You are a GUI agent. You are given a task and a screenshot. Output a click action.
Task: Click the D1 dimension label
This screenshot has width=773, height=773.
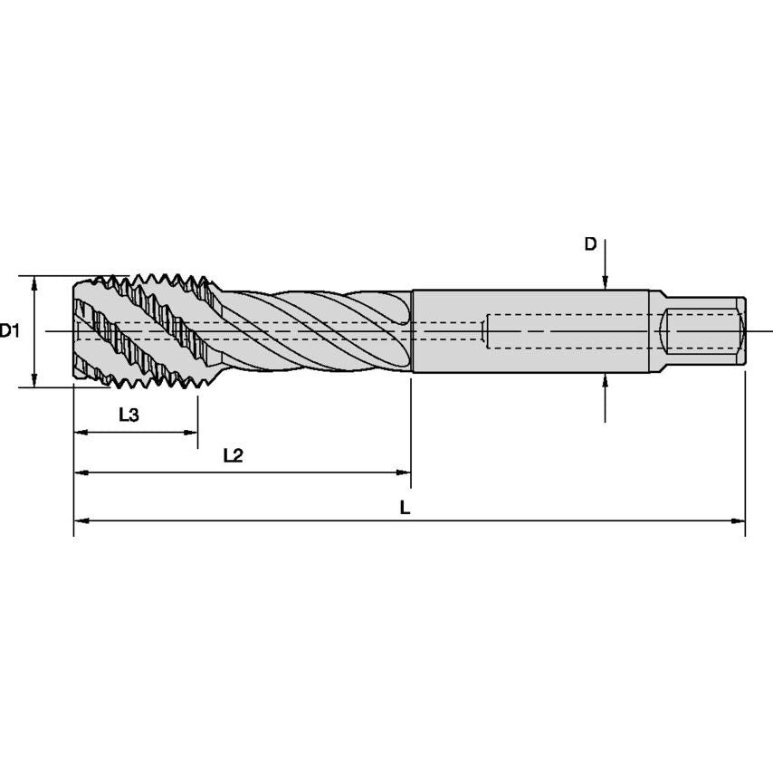(10, 331)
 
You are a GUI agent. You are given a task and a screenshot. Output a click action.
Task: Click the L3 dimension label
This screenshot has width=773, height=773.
(129, 415)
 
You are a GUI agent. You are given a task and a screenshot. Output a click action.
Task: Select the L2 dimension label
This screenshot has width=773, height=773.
(233, 455)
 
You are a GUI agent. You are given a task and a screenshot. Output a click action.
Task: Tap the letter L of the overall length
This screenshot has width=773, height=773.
(405, 508)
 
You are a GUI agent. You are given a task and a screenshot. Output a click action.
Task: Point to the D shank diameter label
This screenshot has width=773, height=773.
(590, 244)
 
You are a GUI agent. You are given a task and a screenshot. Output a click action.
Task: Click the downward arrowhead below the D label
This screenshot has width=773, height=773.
(605, 283)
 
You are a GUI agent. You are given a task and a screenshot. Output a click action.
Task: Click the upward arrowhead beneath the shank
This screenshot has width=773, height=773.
(605, 380)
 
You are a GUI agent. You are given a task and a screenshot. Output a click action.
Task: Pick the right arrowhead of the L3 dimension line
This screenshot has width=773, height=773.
(191, 433)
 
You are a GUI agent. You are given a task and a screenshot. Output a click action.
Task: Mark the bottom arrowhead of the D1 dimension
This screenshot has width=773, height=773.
(33, 381)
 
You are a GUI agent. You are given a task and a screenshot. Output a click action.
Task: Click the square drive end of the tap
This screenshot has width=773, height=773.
(706, 331)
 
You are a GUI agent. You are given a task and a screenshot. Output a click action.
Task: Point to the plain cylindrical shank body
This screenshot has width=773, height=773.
(530, 331)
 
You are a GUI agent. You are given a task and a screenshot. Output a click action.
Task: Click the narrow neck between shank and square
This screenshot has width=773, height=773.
(656, 331)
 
